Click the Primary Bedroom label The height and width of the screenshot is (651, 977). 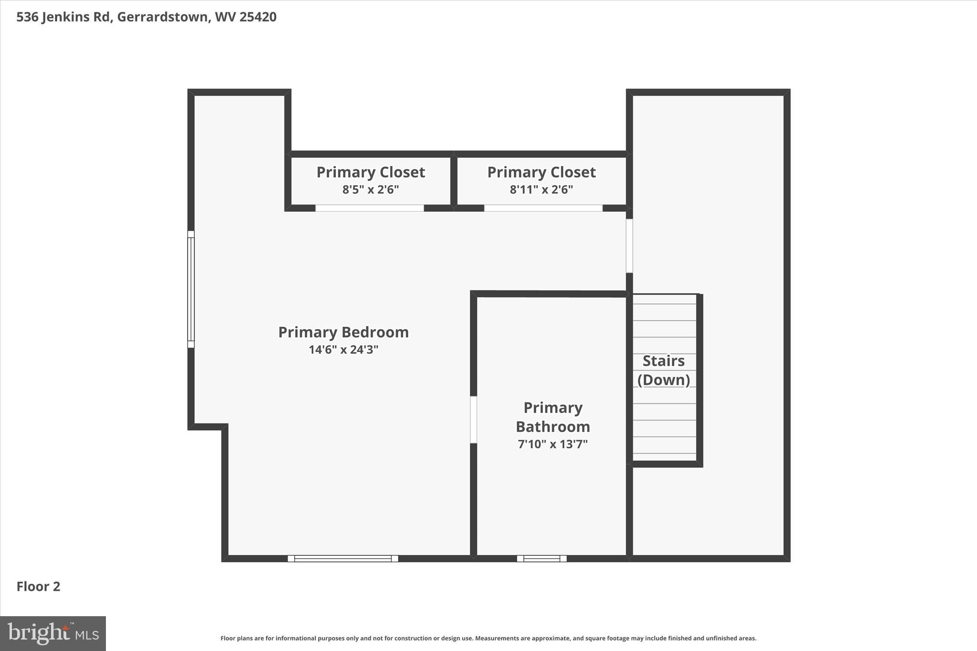343,332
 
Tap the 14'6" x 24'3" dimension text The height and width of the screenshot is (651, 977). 343,350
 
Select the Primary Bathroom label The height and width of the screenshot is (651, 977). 553,417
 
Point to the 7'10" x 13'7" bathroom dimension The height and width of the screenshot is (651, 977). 553,444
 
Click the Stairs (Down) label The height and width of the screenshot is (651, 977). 664,370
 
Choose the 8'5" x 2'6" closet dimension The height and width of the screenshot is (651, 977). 371,190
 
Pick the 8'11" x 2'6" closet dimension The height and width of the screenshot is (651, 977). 541,190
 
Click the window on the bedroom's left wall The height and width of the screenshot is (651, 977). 191,289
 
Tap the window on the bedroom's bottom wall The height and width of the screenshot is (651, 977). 343,558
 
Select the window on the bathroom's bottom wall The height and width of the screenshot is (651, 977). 542,558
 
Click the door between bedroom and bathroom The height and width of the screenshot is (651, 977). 474,420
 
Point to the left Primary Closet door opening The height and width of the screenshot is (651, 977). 370,208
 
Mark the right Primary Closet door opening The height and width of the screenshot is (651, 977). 543,208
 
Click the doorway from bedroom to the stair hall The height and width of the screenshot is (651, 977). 629,246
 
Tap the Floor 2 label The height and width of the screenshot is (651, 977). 39,587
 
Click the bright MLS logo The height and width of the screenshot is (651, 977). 53,633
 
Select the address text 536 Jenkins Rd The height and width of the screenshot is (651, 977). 63,17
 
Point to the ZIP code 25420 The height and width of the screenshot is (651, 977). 258,17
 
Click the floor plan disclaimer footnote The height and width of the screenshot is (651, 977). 488,638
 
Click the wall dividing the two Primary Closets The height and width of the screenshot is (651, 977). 454,181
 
